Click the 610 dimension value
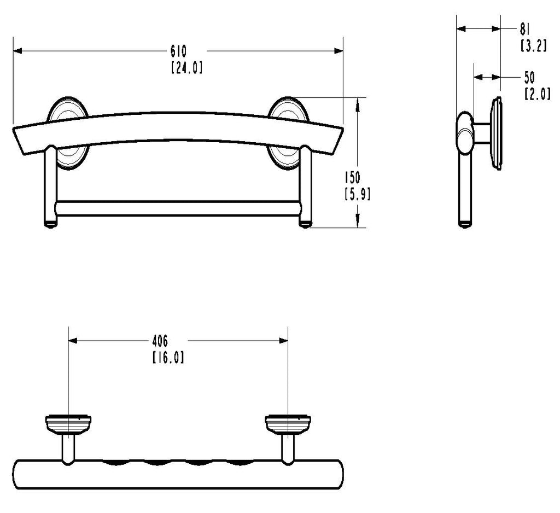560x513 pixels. [178, 51]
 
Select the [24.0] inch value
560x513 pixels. [187, 68]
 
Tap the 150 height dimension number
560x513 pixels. [353, 178]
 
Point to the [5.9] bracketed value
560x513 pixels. [357, 194]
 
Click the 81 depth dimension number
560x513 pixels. [524, 30]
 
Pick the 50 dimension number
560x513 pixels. [529, 78]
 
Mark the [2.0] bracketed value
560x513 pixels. [538, 94]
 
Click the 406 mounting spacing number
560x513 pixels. [160, 341]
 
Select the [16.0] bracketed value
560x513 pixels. [168, 358]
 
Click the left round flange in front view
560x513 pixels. [67, 133]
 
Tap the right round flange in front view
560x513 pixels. [288, 132]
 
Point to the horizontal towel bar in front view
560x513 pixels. [178, 208]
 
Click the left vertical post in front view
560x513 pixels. [50, 186]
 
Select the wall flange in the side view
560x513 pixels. [497, 133]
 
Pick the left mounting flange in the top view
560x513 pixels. [68, 424]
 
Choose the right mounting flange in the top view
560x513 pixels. [288, 424]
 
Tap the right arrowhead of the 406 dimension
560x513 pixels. [284, 341]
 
